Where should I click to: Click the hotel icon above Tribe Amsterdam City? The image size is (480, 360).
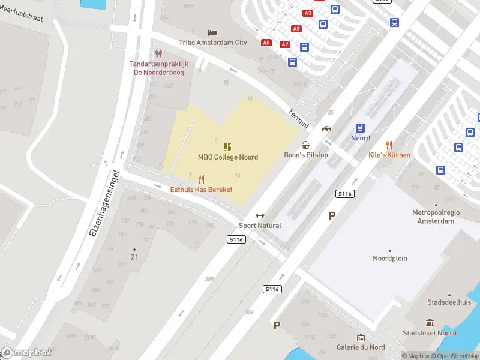[x=212, y=32]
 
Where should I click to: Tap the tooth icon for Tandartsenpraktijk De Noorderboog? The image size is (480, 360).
[x=158, y=54]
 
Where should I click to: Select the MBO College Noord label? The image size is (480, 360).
[x=228, y=157]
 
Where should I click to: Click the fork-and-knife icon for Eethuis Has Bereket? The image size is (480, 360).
[x=201, y=179]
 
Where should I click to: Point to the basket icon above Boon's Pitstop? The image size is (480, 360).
[x=306, y=145]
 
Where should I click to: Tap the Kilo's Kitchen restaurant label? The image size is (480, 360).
[x=389, y=155]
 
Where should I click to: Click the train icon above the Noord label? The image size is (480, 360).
[x=360, y=128]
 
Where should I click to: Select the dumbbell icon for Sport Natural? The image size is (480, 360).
[x=260, y=216]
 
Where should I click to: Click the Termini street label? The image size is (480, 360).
[x=298, y=118]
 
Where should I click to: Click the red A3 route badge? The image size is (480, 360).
[x=308, y=13]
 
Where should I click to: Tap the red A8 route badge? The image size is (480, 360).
[x=266, y=43]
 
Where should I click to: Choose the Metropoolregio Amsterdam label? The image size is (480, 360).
[x=433, y=217]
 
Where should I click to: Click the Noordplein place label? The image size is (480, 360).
[x=390, y=259]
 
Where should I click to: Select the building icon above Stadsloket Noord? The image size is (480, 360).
[x=430, y=323]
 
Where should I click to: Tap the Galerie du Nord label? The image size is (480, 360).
[x=361, y=347]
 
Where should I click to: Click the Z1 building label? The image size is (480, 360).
[x=134, y=257]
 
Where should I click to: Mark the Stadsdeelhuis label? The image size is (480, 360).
[x=449, y=302]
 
